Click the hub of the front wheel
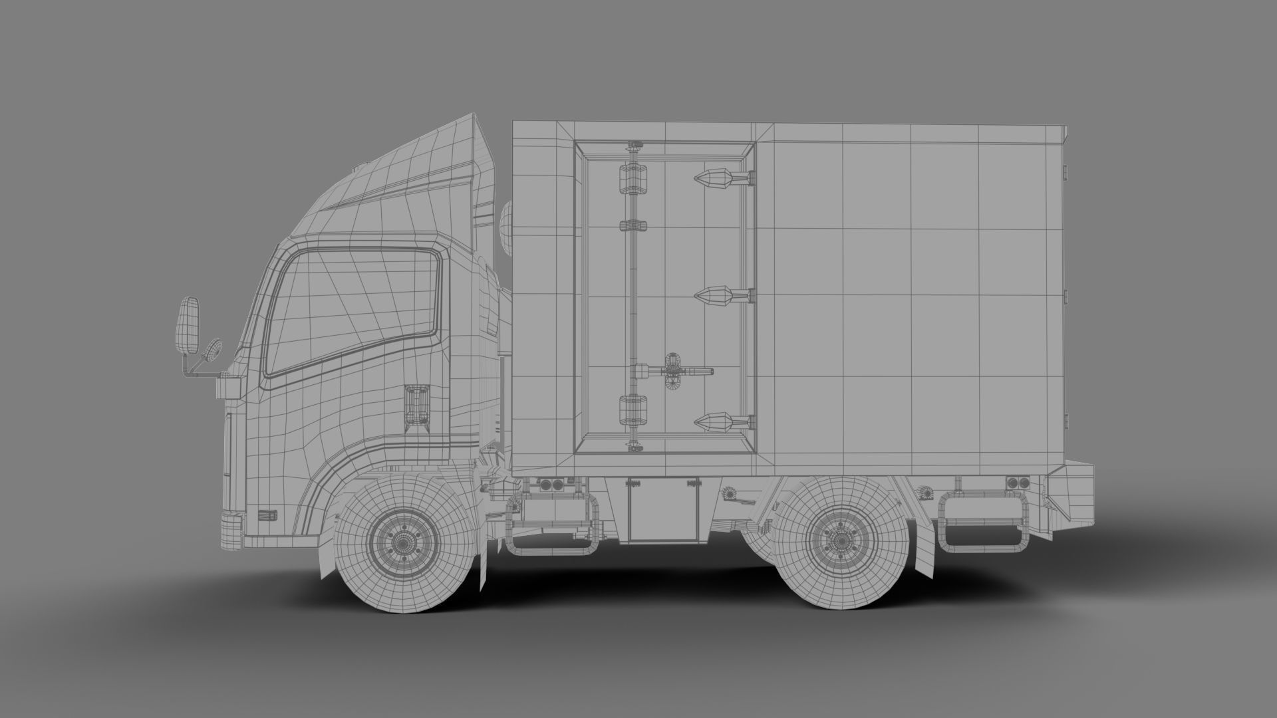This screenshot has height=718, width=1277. [x=402, y=543]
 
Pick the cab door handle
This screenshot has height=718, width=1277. [x=417, y=404]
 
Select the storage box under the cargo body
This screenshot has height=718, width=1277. [x=662, y=509]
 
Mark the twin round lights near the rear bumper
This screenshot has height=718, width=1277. [x=1017, y=482]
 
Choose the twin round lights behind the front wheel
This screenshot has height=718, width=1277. [x=550, y=485]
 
